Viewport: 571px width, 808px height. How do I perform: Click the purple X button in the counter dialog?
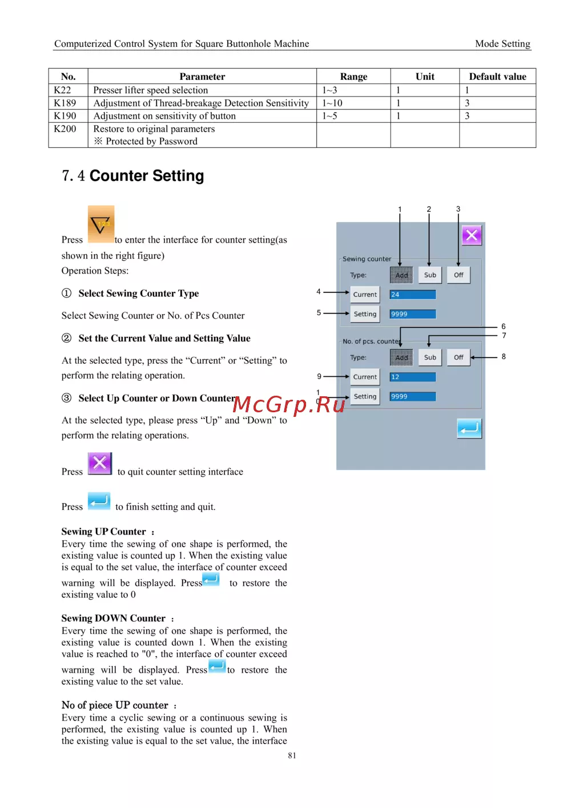pos(472,235)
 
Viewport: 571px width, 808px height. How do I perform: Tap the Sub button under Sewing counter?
pos(430,275)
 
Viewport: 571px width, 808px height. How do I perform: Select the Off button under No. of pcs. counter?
pos(459,357)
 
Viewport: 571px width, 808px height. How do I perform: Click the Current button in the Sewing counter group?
pos(365,295)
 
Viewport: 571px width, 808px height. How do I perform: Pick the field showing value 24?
pos(412,295)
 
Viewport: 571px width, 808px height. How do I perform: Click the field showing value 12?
pos(412,377)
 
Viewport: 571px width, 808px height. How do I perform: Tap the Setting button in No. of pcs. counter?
pos(365,396)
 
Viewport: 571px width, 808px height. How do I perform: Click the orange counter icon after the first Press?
pos(101,224)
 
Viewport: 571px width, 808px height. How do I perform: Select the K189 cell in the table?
pos(65,103)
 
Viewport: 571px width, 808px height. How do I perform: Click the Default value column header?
pos(497,77)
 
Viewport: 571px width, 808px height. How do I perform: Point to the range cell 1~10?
pos(332,103)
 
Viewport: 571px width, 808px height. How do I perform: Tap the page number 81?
pos(292,755)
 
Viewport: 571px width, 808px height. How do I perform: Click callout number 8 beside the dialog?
pos(504,356)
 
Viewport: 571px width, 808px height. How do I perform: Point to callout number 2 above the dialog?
pos(429,209)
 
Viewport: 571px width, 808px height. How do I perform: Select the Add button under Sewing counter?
pos(401,275)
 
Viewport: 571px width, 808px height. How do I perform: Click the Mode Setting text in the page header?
pos(502,44)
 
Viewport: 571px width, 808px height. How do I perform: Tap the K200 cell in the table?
pos(65,129)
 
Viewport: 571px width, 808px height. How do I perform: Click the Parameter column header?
pos(202,77)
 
